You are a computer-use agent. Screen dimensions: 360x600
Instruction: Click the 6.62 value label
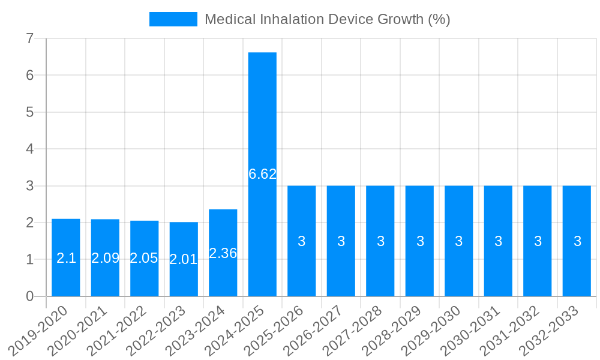pyautogui.click(x=262, y=174)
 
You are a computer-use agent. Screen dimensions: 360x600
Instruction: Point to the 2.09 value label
pyautogui.click(x=105, y=258)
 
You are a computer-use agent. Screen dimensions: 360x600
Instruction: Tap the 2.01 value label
pyautogui.click(x=184, y=260)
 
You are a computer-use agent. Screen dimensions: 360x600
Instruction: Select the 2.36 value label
pyautogui.click(x=223, y=253)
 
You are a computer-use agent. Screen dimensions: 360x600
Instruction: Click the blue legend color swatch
pyautogui.click(x=173, y=19)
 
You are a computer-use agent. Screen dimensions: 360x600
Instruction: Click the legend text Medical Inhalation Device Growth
pyautogui.click(x=327, y=19)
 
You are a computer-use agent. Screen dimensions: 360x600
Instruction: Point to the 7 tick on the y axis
pyautogui.click(x=29, y=38)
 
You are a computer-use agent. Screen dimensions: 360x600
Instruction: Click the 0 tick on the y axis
pyautogui.click(x=29, y=296)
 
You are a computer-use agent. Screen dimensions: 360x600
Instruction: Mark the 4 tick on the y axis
pyautogui.click(x=29, y=149)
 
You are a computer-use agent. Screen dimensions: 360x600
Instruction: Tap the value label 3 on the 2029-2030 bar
pyautogui.click(x=459, y=241)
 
